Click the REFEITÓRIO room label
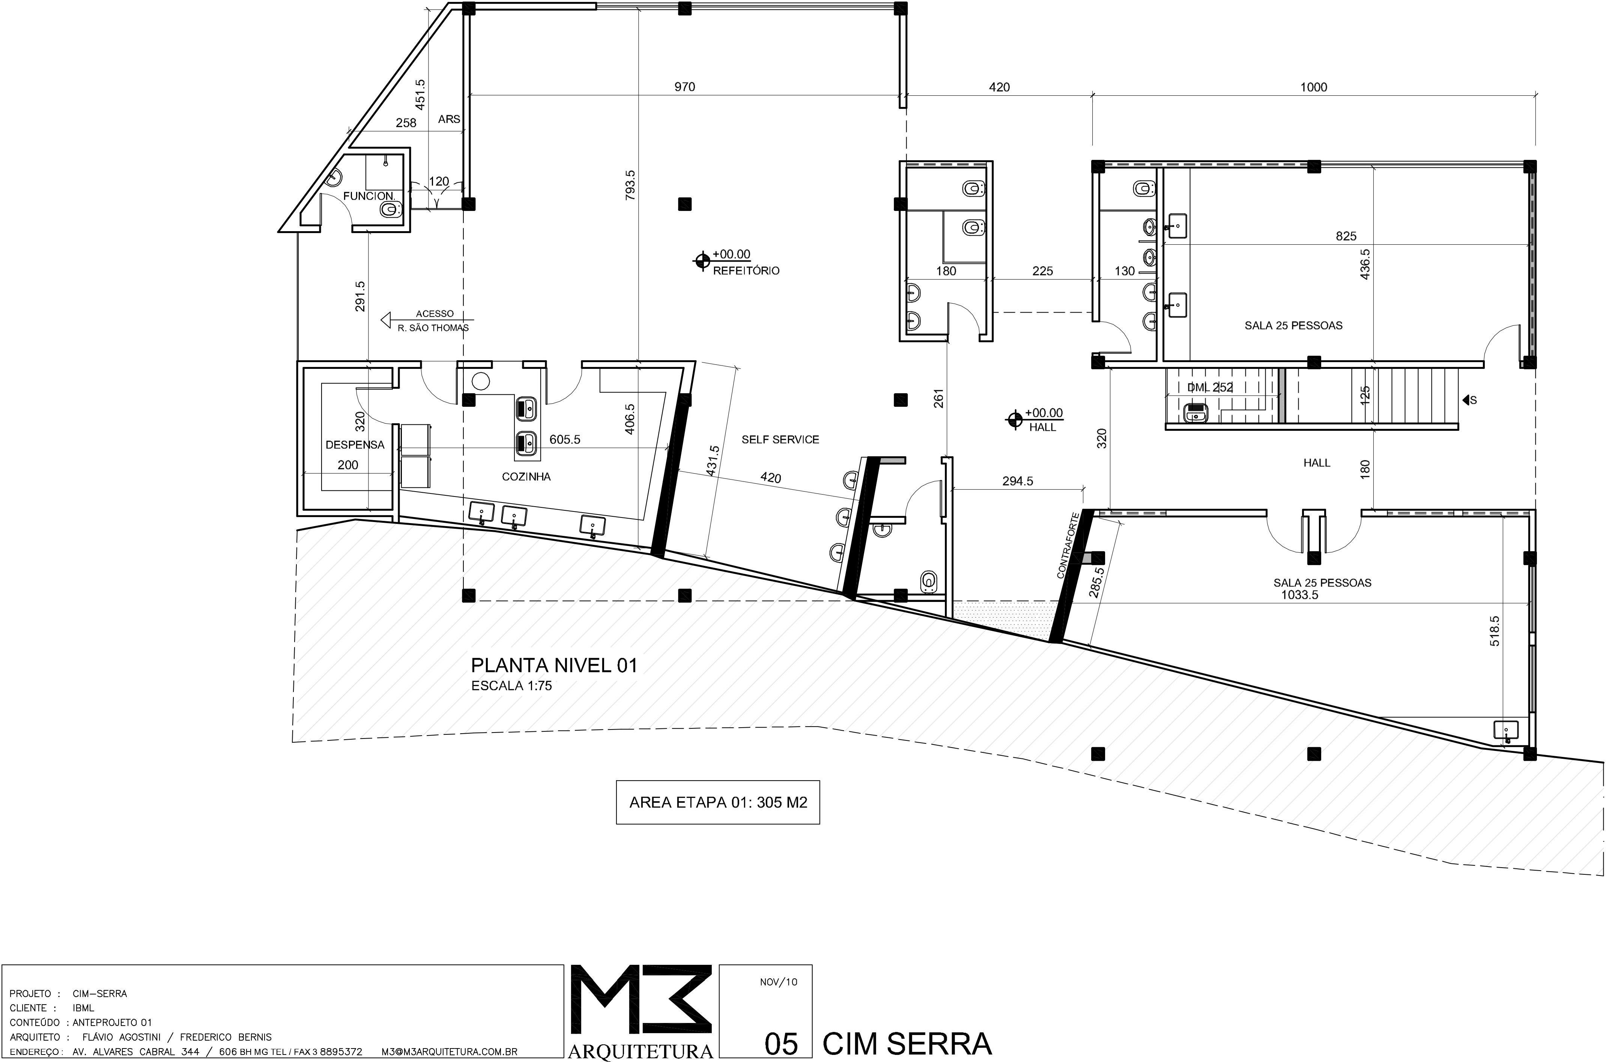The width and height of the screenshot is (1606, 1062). click(746, 271)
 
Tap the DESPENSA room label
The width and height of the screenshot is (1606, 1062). click(355, 445)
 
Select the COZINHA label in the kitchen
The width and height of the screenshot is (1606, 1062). click(526, 477)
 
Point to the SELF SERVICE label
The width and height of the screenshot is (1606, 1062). click(780, 439)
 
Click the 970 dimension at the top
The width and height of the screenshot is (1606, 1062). click(684, 87)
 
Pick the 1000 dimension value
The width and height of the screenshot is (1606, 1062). click(1314, 87)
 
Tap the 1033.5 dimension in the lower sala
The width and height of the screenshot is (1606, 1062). click(1299, 595)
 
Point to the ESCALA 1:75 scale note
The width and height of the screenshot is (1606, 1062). click(511, 686)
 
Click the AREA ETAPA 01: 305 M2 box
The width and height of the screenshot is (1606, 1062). click(718, 803)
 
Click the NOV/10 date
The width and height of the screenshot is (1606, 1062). click(779, 982)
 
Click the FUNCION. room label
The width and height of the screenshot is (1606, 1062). click(369, 196)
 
